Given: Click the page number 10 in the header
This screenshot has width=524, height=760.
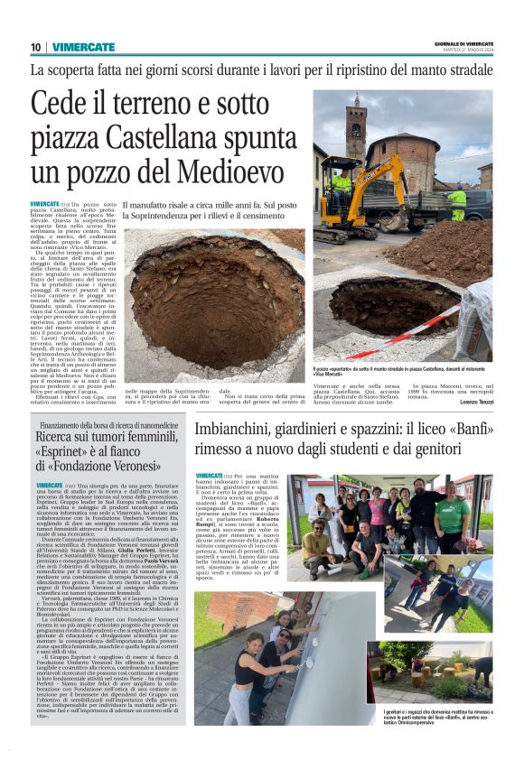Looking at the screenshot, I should [x=35, y=47].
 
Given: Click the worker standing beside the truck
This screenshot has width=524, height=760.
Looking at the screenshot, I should [x=458, y=203].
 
